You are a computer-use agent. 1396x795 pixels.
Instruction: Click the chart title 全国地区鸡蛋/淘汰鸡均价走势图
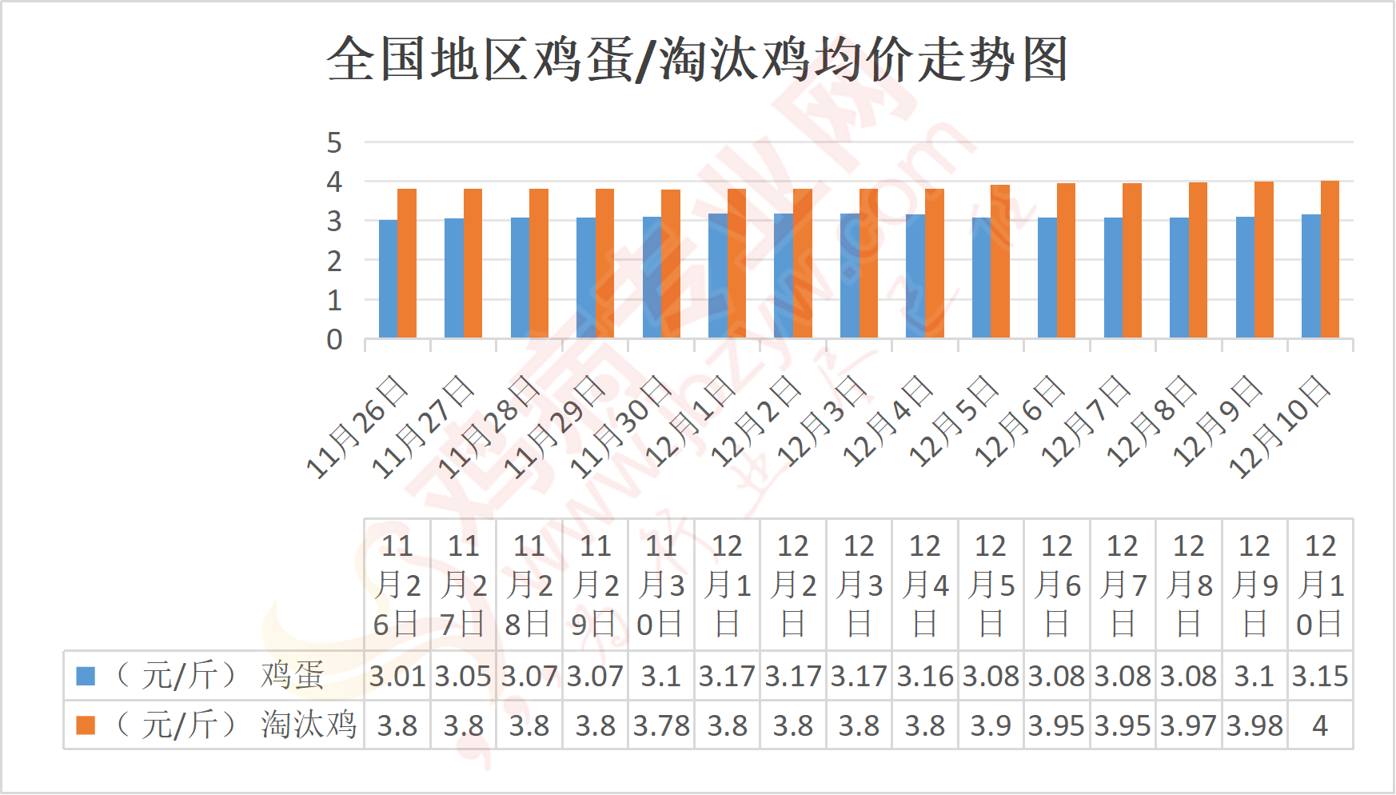pos(697,59)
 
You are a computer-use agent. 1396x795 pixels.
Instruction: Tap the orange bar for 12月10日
pos(1330,259)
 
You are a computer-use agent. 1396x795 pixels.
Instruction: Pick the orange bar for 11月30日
pos(671,264)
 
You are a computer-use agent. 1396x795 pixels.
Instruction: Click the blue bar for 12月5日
pos(981,278)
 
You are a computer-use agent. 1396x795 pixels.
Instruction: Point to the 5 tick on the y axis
pos(334,143)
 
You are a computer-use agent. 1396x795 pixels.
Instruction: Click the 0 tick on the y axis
pos(334,340)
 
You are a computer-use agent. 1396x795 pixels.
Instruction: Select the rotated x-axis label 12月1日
pos(690,421)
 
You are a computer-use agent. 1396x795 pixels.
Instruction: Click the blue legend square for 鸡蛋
pos(86,676)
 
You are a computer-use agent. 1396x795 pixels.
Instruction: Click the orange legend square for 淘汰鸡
pos(86,725)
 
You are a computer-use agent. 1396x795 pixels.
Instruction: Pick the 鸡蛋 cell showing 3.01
pos(397,677)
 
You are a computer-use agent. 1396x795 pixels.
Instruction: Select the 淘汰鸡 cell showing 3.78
pos(661,726)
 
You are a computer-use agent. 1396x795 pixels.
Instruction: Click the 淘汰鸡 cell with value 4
pos(1320,726)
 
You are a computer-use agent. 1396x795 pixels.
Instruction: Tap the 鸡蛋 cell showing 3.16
pos(925,677)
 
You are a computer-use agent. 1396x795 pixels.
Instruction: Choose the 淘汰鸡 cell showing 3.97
pos(1188,726)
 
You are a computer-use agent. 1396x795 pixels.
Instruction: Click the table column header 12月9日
pos(1254,585)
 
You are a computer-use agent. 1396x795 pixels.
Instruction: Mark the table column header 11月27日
pos(463,585)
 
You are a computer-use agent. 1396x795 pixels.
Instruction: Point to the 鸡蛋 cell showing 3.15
pos(1320,677)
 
